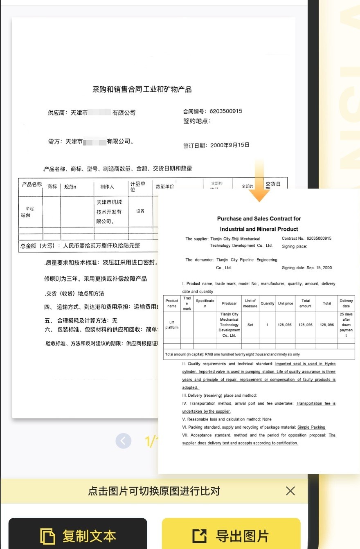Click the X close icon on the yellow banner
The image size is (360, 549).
coord(290,491)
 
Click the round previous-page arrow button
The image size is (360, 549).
coord(124,441)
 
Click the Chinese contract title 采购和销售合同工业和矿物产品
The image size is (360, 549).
coord(142,89)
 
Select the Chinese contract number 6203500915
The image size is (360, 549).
coord(226,111)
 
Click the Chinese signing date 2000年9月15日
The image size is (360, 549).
coord(229,145)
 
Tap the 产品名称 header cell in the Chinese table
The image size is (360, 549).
coord(32,184)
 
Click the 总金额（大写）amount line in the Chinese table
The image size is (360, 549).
coord(80,246)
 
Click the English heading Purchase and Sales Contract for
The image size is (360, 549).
coord(259,219)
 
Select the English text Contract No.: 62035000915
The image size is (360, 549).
coord(306,239)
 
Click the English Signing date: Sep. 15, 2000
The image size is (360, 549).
coord(307,268)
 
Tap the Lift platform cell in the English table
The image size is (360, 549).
coord(172,325)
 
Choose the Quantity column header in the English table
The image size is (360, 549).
coord(268,304)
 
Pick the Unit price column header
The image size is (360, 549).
coord(286,304)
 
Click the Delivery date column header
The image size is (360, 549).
coord(346,303)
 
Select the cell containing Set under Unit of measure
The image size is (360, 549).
coord(250,325)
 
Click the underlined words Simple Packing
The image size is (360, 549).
coord(311,427)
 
